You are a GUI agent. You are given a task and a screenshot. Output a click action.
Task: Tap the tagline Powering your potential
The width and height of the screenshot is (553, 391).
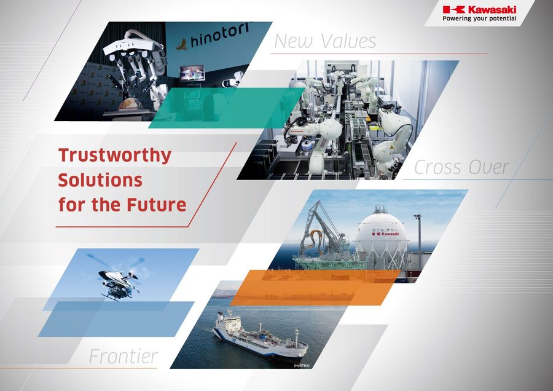coord(479,19)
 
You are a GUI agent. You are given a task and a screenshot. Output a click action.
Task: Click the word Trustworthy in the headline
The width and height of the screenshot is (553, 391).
coord(114,155)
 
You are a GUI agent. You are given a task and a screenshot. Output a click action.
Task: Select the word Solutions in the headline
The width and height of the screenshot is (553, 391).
coord(100,180)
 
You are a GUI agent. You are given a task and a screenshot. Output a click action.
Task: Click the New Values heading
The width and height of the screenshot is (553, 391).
coord(324,41)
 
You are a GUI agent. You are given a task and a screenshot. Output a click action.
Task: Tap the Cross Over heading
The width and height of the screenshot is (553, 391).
coord(461,167)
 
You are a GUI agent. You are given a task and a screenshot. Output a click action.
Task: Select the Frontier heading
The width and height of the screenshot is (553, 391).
coord(124,356)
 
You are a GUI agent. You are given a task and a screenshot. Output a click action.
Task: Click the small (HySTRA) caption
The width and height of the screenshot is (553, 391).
coord(301,366)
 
